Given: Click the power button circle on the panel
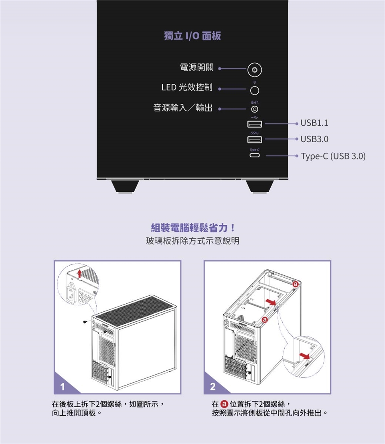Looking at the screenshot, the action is [254, 70].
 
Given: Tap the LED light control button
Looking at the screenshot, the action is [254, 91].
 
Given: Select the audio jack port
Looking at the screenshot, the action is [254, 109].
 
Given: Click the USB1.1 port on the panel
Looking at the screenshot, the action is [254, 124].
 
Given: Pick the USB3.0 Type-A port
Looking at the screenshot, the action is [254, 139].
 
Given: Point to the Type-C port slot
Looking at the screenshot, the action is [254, 155].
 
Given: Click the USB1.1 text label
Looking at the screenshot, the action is [314, 123].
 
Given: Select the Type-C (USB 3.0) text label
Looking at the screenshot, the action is [333, 156].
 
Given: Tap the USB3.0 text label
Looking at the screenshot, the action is [314, 139].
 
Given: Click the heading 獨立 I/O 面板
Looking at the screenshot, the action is [192, 36].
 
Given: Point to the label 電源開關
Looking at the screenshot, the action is [197, 67].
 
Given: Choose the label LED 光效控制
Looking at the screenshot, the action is [187, 87].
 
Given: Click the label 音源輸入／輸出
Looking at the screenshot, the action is [183, 108].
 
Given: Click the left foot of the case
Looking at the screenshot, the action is [125, 186].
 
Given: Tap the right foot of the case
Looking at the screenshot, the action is [259, 186].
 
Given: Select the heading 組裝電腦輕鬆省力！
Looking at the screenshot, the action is [192, 228].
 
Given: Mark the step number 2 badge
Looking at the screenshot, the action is [213, 386].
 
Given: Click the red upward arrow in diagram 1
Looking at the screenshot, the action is [79, 274].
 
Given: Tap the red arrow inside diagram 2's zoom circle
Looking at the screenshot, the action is [304, 356].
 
